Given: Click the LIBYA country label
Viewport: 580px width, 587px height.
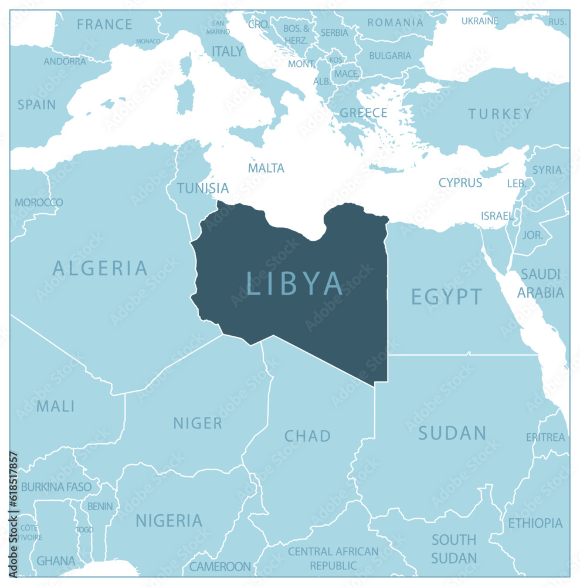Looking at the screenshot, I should coord(294,284).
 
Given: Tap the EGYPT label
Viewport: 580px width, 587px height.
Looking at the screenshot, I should coord(446,297).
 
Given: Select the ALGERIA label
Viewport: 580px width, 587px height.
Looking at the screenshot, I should coord(100,268).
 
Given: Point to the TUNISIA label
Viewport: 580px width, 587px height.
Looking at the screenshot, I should coord(203,188).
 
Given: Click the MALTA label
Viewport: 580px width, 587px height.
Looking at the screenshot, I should coord(266,168).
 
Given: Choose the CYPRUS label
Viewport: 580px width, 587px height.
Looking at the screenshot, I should coord(460,183).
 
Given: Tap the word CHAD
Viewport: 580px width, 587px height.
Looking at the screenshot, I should coord(307,436).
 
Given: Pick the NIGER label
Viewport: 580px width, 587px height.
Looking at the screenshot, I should coord(198,423).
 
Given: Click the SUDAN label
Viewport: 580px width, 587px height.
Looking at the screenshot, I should coord(452,433).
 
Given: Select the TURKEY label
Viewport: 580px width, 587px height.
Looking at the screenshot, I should coord(500,114).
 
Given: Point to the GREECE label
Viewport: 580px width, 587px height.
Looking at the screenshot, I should coord(364,113).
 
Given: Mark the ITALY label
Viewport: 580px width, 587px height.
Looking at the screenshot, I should coord(228,52).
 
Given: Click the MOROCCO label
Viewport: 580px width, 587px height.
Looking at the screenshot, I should coord(39,203).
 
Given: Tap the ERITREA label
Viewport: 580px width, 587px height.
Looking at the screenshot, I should coord(545,437).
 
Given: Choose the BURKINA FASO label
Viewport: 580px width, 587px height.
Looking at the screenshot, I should coord(56,487).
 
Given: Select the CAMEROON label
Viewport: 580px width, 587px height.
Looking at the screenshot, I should coord(220,567).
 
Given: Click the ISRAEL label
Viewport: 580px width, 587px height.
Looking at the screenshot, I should coord(497,216).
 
